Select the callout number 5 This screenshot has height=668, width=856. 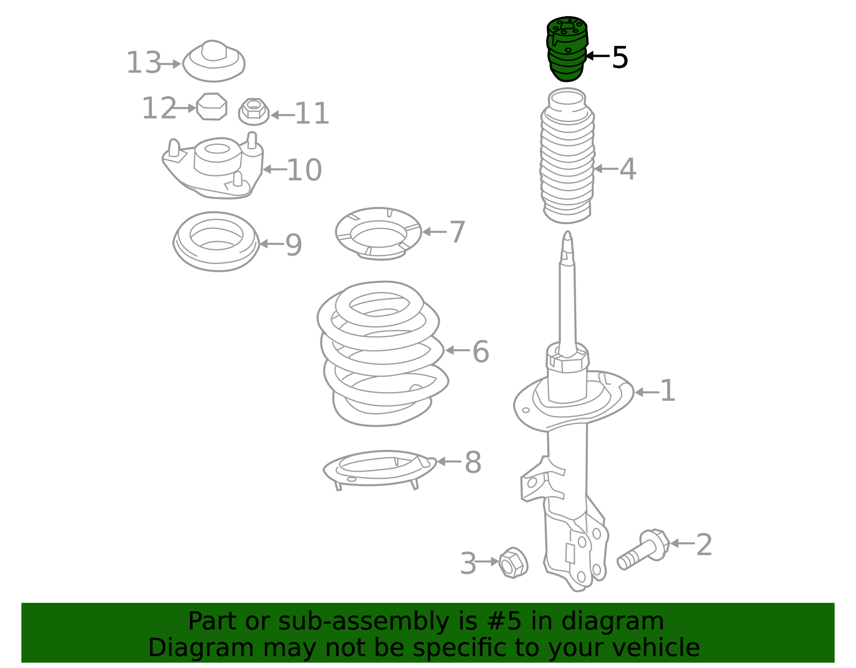620,57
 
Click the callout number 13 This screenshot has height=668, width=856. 143,63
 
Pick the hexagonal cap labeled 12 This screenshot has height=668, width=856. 211,106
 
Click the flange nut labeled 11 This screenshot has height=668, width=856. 254,111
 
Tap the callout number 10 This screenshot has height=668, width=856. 304,170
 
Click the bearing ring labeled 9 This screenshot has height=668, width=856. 216,241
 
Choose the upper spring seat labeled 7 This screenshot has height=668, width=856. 378,234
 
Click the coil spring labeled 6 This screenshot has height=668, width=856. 381,353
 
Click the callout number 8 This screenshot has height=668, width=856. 473,462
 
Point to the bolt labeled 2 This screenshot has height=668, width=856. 643,549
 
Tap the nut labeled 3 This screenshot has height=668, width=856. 513,563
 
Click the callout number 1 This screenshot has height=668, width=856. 668,391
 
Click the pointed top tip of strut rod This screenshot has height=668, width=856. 568,236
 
